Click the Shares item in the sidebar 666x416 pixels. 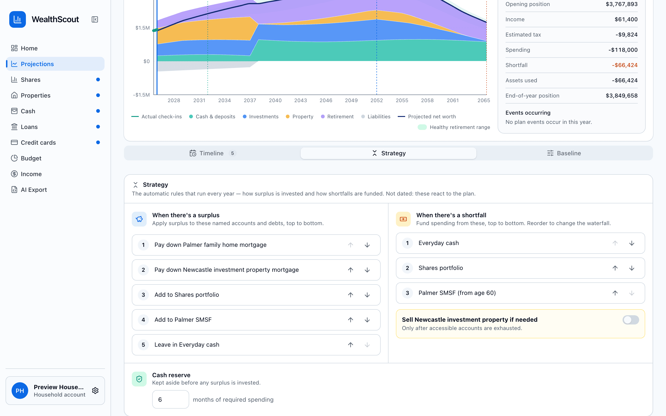[31, 80]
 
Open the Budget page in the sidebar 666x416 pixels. [31, 159]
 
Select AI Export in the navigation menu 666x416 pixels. [34, 190]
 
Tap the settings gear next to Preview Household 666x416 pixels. [95, 391]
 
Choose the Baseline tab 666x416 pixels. [564, 153]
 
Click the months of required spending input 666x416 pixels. [170, 400]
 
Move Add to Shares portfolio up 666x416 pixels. [350, 295]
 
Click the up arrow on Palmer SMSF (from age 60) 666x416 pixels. [615, 293]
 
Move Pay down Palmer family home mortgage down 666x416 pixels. [367, 245]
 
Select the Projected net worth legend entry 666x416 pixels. [427, 117]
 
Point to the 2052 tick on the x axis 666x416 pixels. [376, 101]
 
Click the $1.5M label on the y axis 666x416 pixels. [142, 28]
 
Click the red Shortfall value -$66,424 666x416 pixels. [625, 65]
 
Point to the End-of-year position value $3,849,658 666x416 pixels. [622, 96]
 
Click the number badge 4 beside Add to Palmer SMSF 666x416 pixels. [143, 320]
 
